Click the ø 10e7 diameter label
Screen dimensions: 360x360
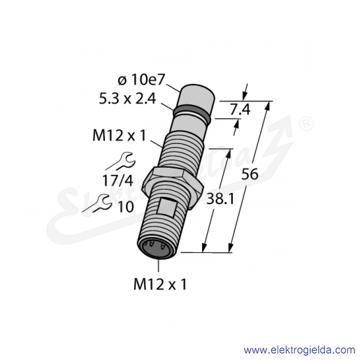pos(141,80)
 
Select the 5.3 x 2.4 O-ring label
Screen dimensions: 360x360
pos(127,99)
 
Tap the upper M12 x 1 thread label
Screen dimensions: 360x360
pos(119,136)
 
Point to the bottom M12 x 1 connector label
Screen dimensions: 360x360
pos(160,285)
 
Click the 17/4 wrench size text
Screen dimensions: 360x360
pos(118,180)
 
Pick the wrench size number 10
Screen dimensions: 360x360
pos(126,207)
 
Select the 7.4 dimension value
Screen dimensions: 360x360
pos(240,110)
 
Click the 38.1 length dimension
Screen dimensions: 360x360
pos(220,199)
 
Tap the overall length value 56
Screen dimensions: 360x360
pos(250,174)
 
